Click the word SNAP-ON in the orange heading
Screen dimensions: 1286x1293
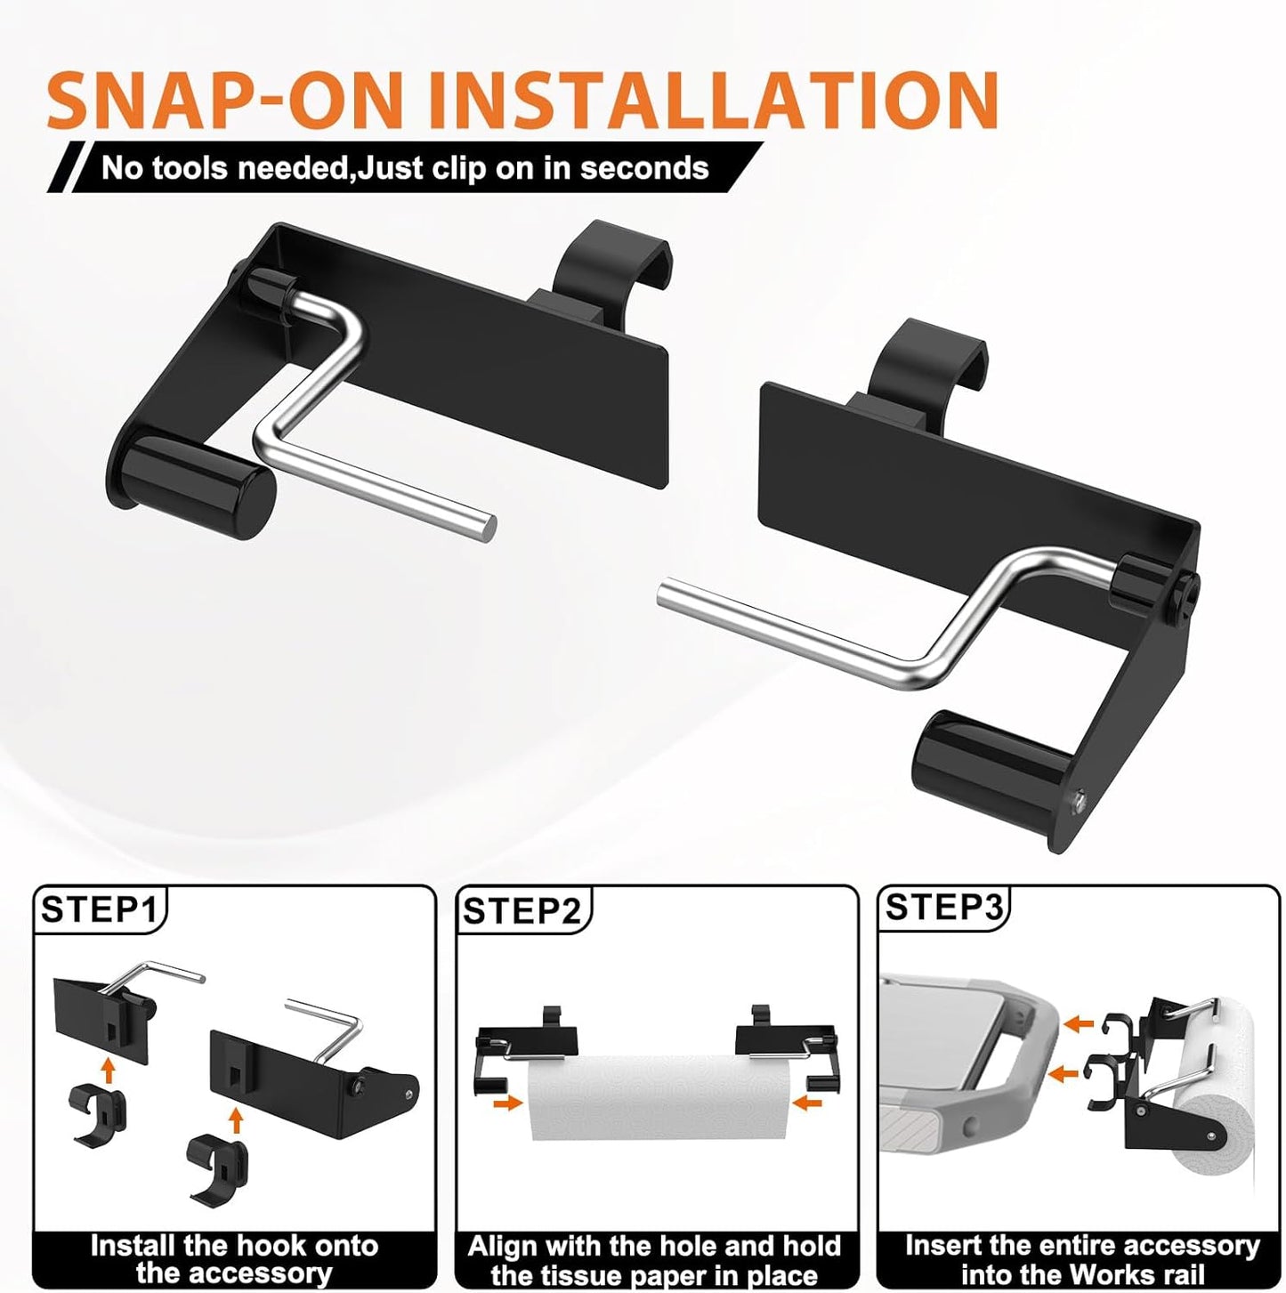(225, 100)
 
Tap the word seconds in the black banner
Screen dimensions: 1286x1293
(644, 168)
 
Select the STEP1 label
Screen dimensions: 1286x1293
(100, 909)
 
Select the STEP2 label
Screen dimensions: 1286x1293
(522, 911)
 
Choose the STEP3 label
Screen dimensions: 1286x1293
(943, 907)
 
